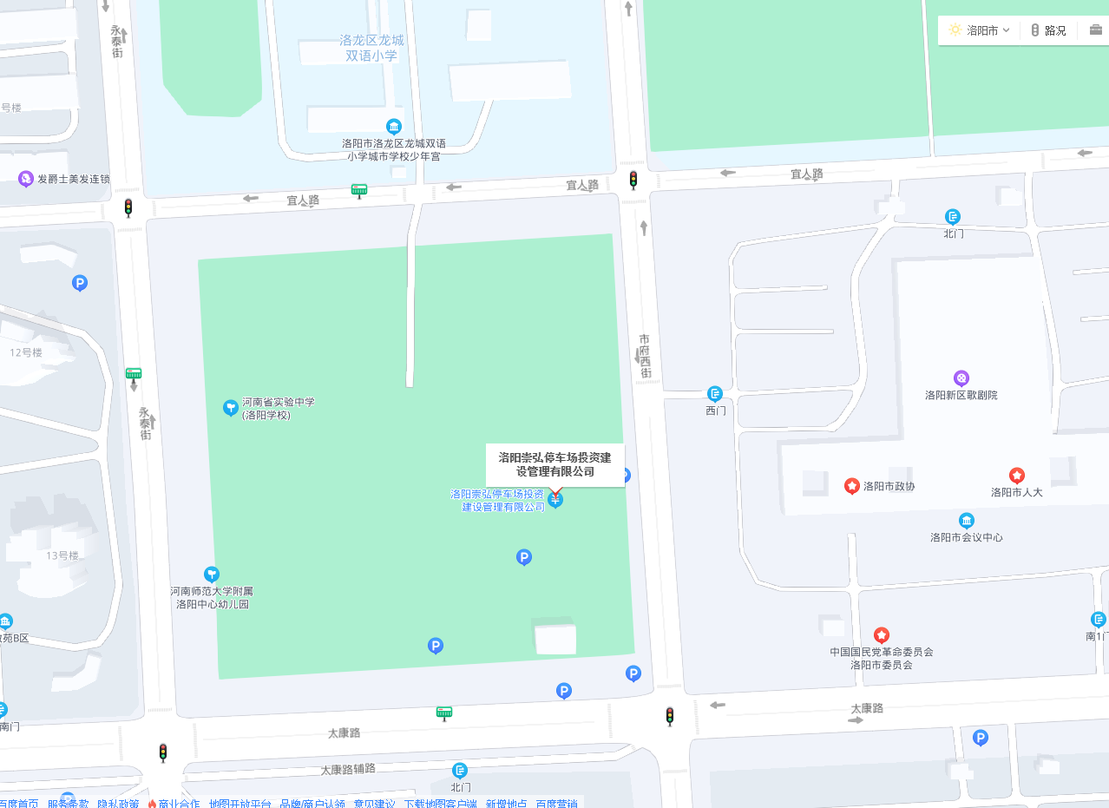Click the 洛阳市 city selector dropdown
point(980,30)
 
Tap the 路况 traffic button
point(1048,30)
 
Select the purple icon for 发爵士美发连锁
point(26,179)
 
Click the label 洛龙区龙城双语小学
point(371,48)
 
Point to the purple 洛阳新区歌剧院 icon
point(961,378)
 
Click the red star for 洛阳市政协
point(852,485)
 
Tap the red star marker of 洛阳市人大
point(1016,476)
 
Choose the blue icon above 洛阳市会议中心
point(966,521)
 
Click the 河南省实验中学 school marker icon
point(230,407)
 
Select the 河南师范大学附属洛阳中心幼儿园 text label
point(212,597)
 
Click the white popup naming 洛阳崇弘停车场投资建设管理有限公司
point(554,464)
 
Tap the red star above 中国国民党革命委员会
point(882,635)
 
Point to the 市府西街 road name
point(645,356)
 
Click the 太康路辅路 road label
point(347,769)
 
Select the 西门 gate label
point(715,411)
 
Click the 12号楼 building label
point(26,352)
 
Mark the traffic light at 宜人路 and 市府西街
point(633,180)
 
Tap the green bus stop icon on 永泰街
point(134,374)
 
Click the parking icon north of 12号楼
point(80,283)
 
